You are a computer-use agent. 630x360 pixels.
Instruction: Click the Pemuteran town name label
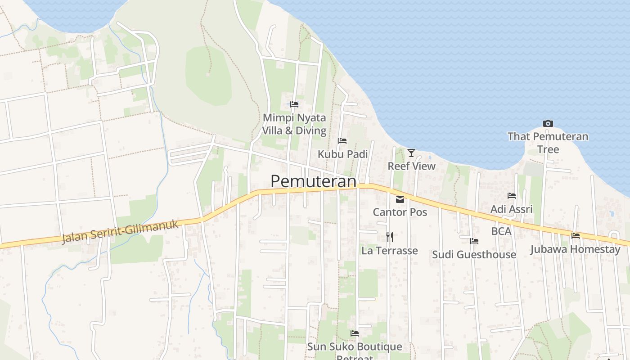point(313,181)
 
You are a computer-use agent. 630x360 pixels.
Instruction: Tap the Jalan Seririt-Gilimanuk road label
point(121,231)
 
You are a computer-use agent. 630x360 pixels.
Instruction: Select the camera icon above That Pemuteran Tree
point(548,123)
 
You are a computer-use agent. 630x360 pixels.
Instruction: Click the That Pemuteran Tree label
point(548,142)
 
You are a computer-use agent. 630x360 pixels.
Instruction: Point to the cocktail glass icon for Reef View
point(411,153)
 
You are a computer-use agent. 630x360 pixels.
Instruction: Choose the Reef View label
point(411,166)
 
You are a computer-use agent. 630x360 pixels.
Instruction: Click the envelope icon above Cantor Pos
point(400,199)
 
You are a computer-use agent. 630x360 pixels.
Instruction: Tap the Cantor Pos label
point(400,212)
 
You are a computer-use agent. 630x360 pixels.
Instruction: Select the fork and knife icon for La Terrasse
point(390,237)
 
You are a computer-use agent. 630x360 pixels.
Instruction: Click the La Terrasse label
point(390,251)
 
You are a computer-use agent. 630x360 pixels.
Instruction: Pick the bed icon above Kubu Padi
point(342,141)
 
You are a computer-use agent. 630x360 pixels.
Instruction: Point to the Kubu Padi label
point(342,154)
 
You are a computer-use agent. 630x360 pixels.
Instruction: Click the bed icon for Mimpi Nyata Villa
point(294,104)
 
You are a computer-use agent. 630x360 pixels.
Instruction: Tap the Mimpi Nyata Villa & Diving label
point(294,124)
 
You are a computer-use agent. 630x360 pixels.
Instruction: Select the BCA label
point(501,231)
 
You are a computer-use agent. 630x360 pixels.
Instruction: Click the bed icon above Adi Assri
point(512,196)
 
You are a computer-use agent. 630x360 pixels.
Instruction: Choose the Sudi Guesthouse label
point(474,255)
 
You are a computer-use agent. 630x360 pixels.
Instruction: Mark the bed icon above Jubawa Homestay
point(575,236)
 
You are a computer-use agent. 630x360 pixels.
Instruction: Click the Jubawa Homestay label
point(575,249)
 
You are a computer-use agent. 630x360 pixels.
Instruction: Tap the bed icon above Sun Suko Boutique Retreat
point(355,333)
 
